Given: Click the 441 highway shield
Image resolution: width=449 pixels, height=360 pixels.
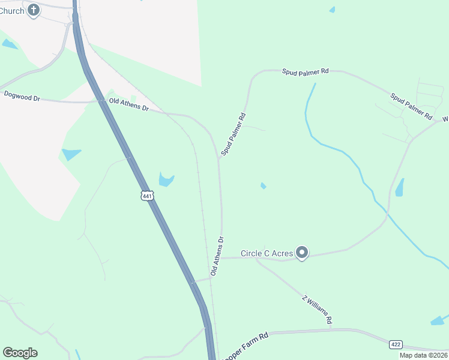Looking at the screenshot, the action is point(148,196).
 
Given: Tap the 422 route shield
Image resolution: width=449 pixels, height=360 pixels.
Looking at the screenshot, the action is point(395,344).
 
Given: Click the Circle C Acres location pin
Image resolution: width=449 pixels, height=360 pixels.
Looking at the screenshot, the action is point(303,253).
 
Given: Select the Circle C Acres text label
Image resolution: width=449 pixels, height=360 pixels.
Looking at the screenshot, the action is point(267,254).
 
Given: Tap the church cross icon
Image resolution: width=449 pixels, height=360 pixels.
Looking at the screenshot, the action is point(34,10).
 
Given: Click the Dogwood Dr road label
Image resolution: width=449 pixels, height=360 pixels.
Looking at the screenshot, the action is point(22,95).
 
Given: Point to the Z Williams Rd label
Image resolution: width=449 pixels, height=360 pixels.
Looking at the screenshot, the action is point(317,310).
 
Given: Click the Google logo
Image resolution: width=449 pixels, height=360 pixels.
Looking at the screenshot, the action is point(20,353).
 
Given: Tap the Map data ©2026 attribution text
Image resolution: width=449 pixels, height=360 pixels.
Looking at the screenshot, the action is point(423,355).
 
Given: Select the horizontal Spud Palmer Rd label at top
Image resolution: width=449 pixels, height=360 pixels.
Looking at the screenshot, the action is point(306,71).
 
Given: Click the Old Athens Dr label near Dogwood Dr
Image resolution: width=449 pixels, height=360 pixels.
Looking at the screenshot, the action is point(128,104).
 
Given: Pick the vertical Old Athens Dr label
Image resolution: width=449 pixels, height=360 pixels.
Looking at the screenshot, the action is point(217,256).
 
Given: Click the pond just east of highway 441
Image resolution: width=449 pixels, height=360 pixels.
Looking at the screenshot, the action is point(166,179).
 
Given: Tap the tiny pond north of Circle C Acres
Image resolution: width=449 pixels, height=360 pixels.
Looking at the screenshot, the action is point(264,186).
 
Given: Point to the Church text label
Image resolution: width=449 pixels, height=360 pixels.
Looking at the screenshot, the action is point(12,10).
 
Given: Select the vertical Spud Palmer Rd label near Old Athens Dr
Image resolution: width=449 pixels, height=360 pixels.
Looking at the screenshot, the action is point(234,134).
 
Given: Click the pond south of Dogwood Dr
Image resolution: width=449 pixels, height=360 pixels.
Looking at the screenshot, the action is point(71,154).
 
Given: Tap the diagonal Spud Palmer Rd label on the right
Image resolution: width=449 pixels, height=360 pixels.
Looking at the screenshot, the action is point(411,105).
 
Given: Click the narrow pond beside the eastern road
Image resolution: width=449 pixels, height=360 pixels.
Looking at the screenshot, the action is point(400,188).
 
